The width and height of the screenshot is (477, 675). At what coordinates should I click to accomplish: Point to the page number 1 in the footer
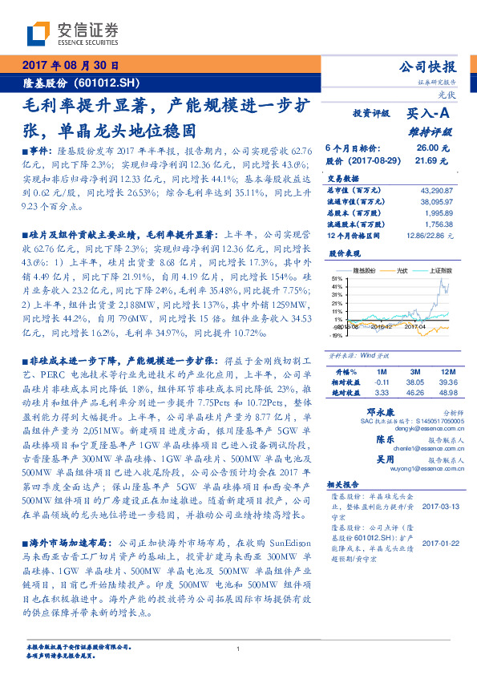[239, 649]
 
